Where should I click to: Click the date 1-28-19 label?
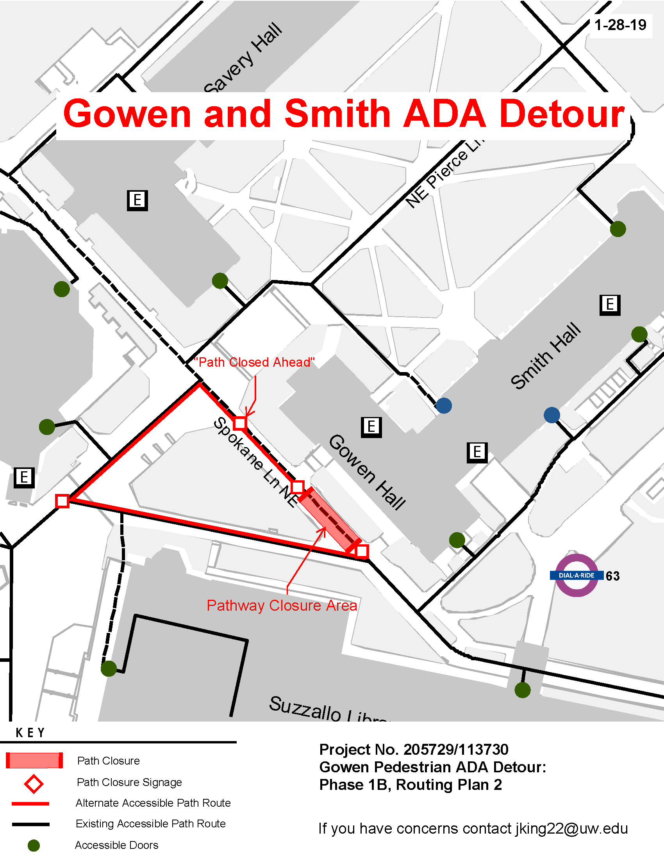620,25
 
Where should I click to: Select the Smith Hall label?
546,356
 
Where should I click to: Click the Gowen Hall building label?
367,472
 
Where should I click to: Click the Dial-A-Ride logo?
576,576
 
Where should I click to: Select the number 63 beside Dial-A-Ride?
612,576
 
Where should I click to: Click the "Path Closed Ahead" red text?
254,362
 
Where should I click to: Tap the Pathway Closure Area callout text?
282,606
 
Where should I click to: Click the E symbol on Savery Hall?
137,200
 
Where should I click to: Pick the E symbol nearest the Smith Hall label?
610,305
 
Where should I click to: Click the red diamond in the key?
34,784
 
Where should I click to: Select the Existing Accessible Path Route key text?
151,823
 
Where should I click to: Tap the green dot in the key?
34,845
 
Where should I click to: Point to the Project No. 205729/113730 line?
413,750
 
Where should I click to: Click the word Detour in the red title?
562,114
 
